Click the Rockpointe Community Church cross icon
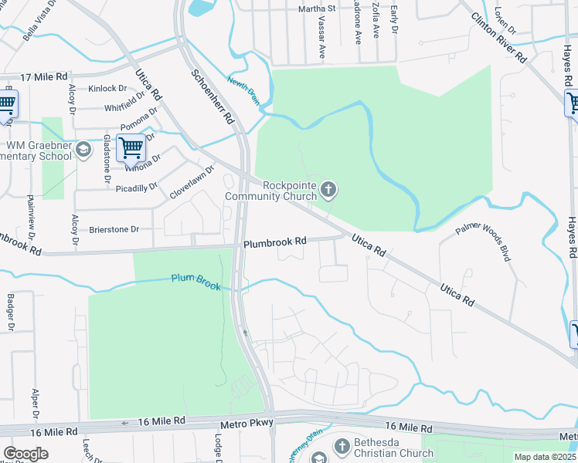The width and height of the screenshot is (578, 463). (328, 189)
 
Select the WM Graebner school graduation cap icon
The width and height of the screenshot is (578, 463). (84, 151)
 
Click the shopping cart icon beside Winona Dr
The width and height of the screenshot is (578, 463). (131, 147)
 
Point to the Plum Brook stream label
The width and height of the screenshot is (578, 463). (196, 282)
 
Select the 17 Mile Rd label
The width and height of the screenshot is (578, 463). (44, 77)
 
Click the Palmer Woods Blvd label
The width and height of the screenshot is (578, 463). (484, 241)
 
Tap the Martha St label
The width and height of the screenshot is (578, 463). (318, 8)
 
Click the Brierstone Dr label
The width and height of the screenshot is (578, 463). (114, 229)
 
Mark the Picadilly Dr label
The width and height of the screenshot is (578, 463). (136, 188)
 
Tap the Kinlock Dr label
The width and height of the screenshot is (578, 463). (107, 89)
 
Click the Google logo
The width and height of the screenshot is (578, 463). (26, 453)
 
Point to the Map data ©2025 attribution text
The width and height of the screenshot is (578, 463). (544, 457)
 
